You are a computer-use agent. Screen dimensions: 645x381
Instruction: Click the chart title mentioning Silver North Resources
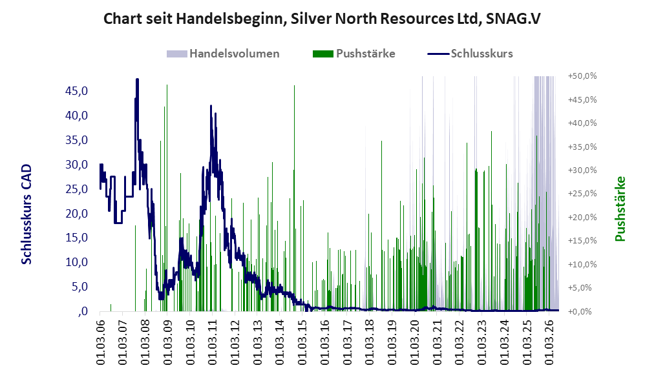coord(322,19)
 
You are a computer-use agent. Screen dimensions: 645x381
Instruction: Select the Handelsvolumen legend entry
coord(223,54)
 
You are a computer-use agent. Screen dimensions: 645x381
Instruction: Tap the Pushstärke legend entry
coord(354,54)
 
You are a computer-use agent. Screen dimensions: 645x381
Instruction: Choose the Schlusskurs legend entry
coord(470,54)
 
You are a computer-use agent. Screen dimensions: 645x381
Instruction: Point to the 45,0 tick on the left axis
coord(76,91)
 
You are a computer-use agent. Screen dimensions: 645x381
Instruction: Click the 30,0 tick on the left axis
coord(76,165)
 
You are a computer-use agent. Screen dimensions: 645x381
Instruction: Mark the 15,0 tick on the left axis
coord(76,238)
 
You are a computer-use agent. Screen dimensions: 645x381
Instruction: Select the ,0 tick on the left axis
coord(82,311)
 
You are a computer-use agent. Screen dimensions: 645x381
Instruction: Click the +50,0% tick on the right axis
coord(582,76)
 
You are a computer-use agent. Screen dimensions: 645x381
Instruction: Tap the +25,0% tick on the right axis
coord(582,194)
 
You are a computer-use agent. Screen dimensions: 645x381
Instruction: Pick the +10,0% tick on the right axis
coord(582,264)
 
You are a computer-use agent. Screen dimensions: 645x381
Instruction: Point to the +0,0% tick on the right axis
coord(582,311)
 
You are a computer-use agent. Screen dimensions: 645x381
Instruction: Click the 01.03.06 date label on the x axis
coord(100,341)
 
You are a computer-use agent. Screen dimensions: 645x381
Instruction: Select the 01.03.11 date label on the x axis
coord(212,341)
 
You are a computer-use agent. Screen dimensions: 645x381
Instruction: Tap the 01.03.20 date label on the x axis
coord(414,341)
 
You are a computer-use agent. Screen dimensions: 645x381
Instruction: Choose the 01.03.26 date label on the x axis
coord(549,341)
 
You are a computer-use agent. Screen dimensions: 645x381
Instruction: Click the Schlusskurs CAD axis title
coord(26,214)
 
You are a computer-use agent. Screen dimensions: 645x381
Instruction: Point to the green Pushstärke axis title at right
coord(620,209)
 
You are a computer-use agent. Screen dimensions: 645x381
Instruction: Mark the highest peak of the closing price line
coord(138,79)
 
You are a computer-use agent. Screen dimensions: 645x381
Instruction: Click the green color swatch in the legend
coord(323,54)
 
